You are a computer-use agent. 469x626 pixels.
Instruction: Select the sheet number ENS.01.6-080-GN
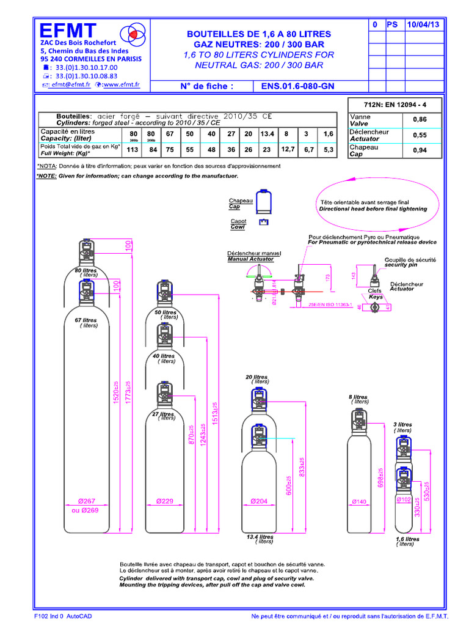(x=297, y=86)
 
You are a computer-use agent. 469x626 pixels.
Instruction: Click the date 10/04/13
(x=426, y=24)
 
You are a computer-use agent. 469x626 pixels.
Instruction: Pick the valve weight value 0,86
(x=420, y=119)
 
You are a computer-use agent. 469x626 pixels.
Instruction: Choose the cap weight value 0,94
(x=420, y=150)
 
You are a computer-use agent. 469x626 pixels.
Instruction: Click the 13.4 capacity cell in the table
(x=266, y=134)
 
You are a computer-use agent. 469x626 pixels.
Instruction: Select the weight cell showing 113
(x=133, y=150)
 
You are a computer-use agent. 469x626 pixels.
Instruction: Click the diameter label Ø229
(x=165, y=501)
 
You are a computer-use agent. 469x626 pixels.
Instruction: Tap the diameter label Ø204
(x=260, y=501)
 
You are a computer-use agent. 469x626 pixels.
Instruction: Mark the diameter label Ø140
(x=358, y=502)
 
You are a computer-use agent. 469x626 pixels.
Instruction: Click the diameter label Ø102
(x=403, y=499)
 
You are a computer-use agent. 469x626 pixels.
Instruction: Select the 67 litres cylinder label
(x=85, y=320)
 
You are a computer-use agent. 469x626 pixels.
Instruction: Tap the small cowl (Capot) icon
(x=264, y=222)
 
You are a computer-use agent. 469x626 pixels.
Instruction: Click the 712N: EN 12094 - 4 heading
(x=395, y=103)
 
